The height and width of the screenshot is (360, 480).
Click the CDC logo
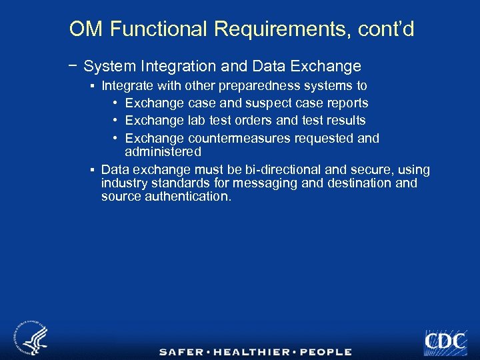tap(445, 341)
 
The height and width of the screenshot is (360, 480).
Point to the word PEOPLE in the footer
tap(325, 352)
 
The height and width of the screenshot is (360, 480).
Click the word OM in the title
tap(86, 29)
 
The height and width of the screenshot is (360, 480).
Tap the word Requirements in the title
tap(285, 29)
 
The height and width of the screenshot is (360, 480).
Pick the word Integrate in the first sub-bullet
tap(127, 86)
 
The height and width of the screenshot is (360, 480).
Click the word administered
tap(163, 152)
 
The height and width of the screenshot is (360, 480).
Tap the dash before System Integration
tap(72, 65)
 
